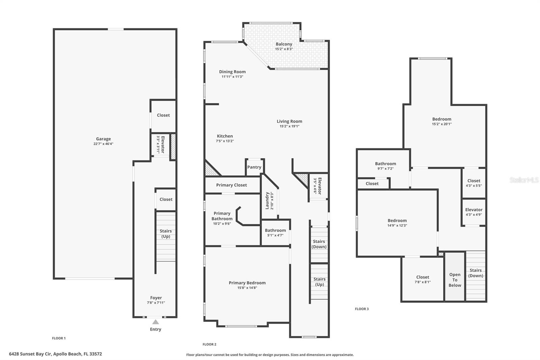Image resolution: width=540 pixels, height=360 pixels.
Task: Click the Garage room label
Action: (103, 139)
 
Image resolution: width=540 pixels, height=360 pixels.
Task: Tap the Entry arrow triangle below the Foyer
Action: (155, 322)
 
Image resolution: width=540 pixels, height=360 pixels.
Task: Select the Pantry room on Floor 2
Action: (254, 167)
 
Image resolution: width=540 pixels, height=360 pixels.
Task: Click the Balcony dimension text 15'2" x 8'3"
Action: (284, 49)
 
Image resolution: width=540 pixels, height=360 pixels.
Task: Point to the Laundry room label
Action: (267, 201)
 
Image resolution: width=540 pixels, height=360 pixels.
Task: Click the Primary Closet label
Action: (232, 185)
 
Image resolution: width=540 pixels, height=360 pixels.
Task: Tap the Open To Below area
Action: (455, 280)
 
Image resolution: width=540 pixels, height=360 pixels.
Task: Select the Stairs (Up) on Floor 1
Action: (165, 234)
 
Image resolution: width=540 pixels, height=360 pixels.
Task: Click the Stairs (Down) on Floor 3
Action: (476, 273)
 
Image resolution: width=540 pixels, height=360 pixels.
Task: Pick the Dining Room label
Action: (232, 72)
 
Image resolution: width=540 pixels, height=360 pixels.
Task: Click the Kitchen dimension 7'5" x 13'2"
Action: (225, 141)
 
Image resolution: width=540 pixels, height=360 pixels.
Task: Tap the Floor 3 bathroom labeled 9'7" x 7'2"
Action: (385, 166)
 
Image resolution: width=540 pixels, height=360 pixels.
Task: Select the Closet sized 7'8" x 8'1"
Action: (423, 279)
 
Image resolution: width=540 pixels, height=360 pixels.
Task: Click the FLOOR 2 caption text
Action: (209, 344)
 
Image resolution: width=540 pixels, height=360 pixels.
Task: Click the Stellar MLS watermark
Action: (524, 180)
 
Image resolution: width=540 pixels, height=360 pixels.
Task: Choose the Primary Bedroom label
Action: (247, 283)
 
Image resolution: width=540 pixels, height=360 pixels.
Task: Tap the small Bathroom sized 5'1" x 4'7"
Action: (275, 233)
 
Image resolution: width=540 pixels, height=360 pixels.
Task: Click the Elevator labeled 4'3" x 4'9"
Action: (474, 212)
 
